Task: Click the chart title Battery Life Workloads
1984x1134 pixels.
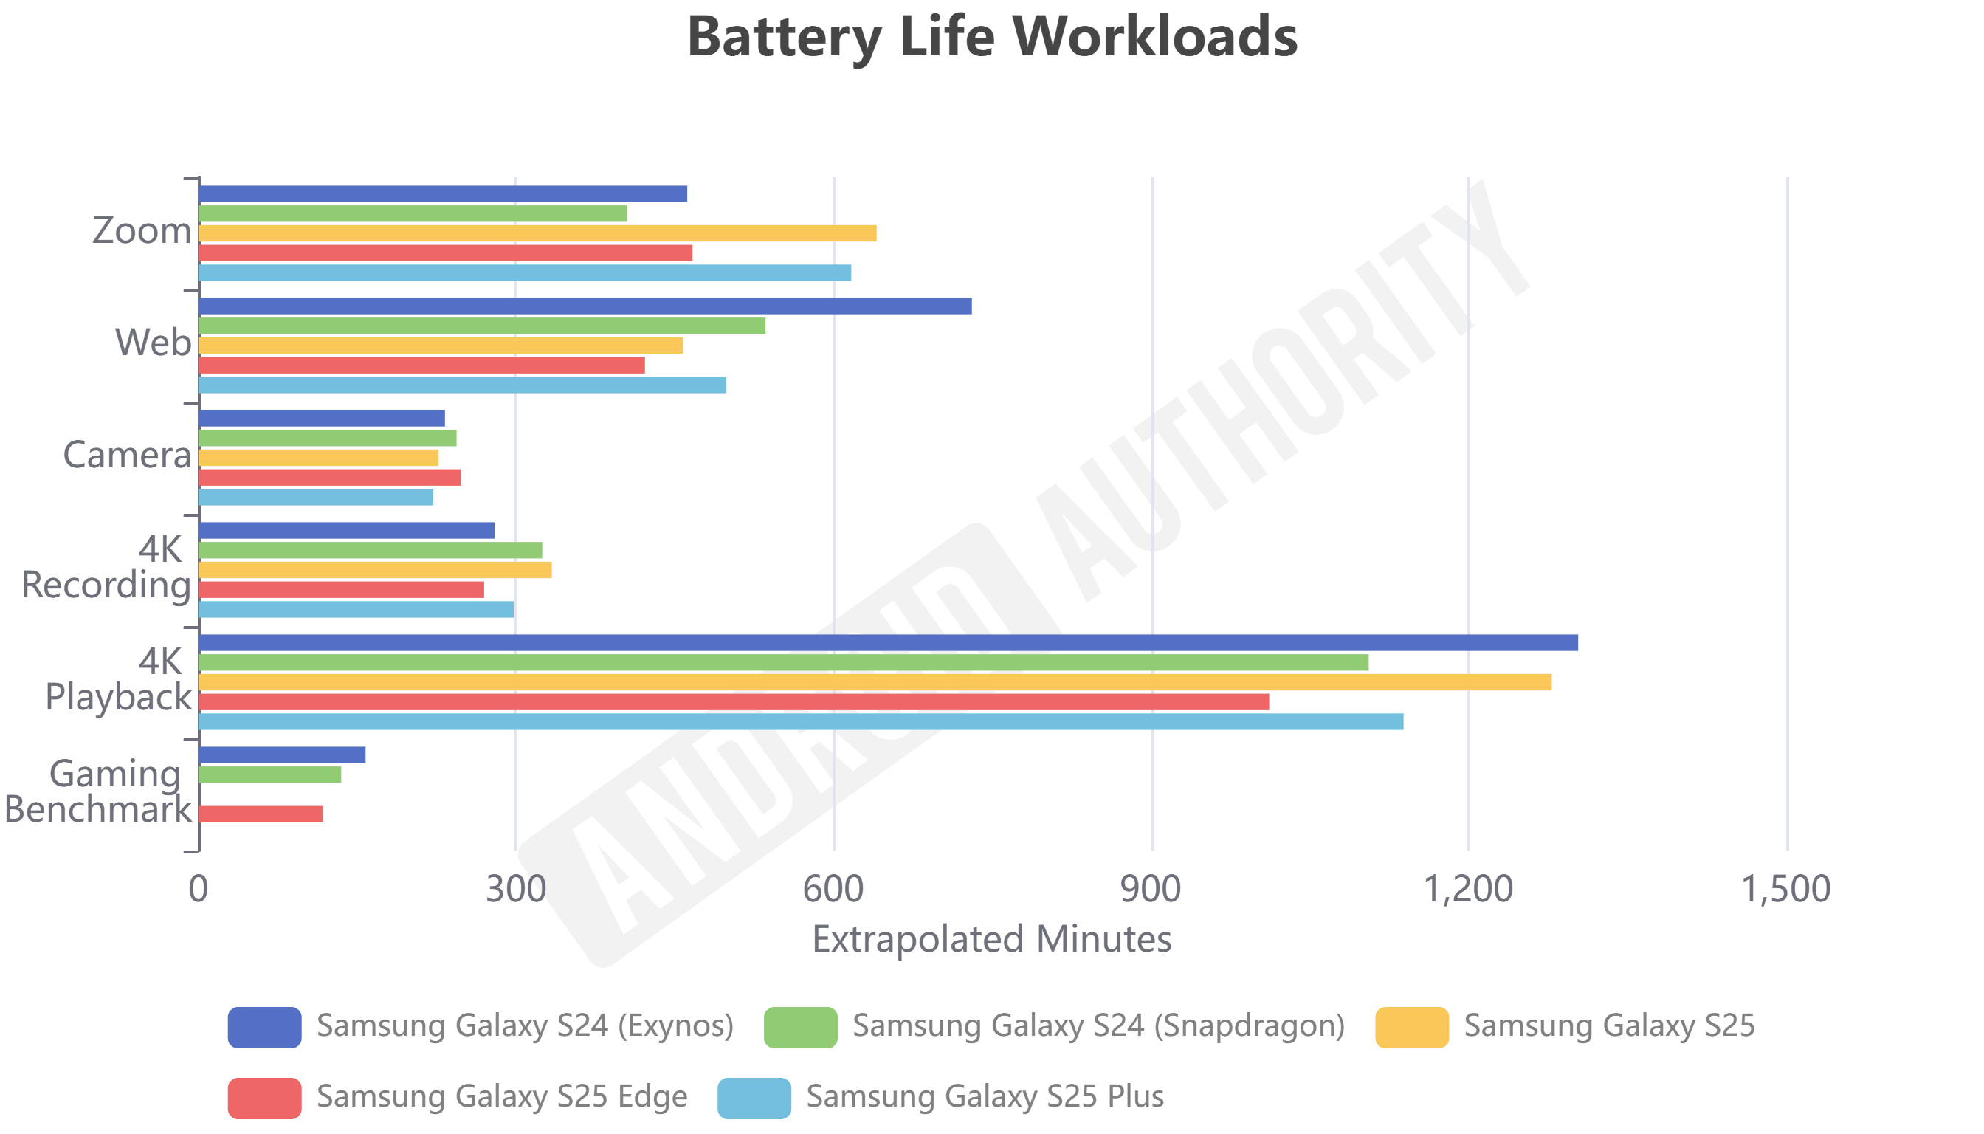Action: coord(992,37)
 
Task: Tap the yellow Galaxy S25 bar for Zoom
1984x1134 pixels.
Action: coord(537,233)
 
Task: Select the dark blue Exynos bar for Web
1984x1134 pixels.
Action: coord(585,306)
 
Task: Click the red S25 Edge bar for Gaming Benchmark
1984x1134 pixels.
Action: coord(261,814)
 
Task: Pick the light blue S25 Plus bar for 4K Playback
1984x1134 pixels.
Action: coord(800,721)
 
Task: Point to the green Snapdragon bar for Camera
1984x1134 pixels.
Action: coord(327,438)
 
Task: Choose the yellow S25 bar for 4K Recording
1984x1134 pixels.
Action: coord(374,570)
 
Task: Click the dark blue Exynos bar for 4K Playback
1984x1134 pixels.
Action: coord(888,642)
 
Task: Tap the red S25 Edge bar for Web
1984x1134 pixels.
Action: coord(421,365)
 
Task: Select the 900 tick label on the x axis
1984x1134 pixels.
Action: coord(1150,889)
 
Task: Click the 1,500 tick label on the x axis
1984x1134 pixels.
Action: coord(1785,889)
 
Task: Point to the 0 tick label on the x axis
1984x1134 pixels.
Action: coord(199,889)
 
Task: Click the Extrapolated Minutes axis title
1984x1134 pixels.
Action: coord(991,938)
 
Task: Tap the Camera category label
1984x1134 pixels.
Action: coord(127,455)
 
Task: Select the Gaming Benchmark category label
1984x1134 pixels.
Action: coord(98,791)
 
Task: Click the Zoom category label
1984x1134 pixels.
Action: coord(142,230)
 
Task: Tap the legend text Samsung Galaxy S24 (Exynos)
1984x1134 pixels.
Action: coord(525,1025)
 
